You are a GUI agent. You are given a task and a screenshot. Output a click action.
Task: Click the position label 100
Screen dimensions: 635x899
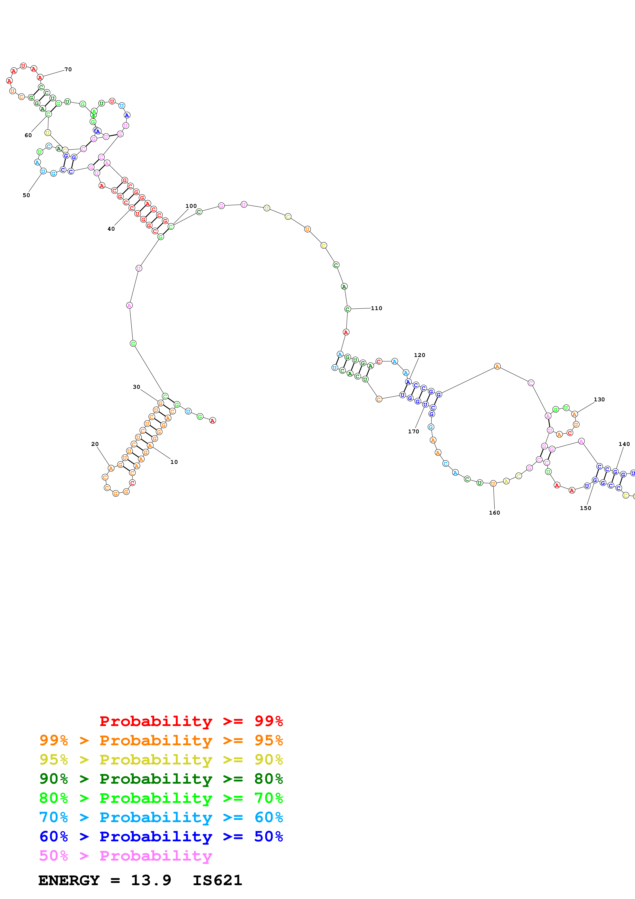(191, 206)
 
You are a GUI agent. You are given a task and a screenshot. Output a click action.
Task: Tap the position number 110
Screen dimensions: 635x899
(376, 308)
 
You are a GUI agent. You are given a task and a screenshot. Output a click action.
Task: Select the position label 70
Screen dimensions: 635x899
(68, 69)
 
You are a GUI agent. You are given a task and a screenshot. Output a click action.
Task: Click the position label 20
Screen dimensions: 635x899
(95, 444)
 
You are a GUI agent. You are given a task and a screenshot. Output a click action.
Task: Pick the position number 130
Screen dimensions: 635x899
(599, 399)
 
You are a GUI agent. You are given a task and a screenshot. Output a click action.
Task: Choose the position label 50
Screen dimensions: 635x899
(26, 195)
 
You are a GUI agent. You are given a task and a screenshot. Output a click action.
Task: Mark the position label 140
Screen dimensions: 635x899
(624, 444)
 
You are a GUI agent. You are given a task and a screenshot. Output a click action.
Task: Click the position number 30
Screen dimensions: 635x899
(136, 387)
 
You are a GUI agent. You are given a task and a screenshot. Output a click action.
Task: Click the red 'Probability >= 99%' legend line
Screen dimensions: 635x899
(191, 721)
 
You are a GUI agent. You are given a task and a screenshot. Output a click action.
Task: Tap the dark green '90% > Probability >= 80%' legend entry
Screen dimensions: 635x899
(161, 779)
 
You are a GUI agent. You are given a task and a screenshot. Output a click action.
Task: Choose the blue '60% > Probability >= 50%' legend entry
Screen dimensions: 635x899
(161, 836)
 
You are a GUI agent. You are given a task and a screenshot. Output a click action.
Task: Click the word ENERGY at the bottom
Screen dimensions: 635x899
(69, 880)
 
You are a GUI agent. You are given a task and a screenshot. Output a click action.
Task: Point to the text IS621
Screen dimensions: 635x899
(217, 880)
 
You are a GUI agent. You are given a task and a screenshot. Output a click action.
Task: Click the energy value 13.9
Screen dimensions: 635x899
(151, 880)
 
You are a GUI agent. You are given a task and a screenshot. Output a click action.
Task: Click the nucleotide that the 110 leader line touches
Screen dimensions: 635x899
(347, 309)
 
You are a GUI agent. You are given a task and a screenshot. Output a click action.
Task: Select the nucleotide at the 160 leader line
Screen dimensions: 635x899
(493, 484)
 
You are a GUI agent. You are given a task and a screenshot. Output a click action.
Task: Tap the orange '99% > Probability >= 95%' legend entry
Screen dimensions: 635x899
(161, 740)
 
